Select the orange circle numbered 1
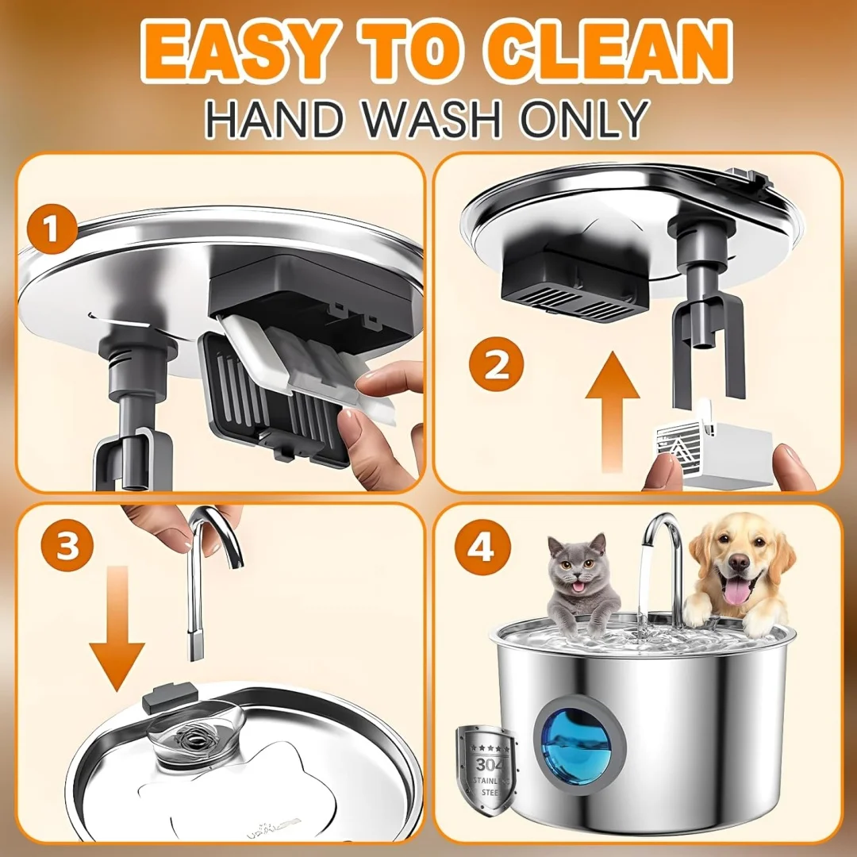[x=52, y=231]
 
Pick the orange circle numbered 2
[x=497, y=367]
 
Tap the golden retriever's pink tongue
[x=736, y=591]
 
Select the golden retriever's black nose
[x=738, y=562]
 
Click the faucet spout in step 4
[x=667, y=555]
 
